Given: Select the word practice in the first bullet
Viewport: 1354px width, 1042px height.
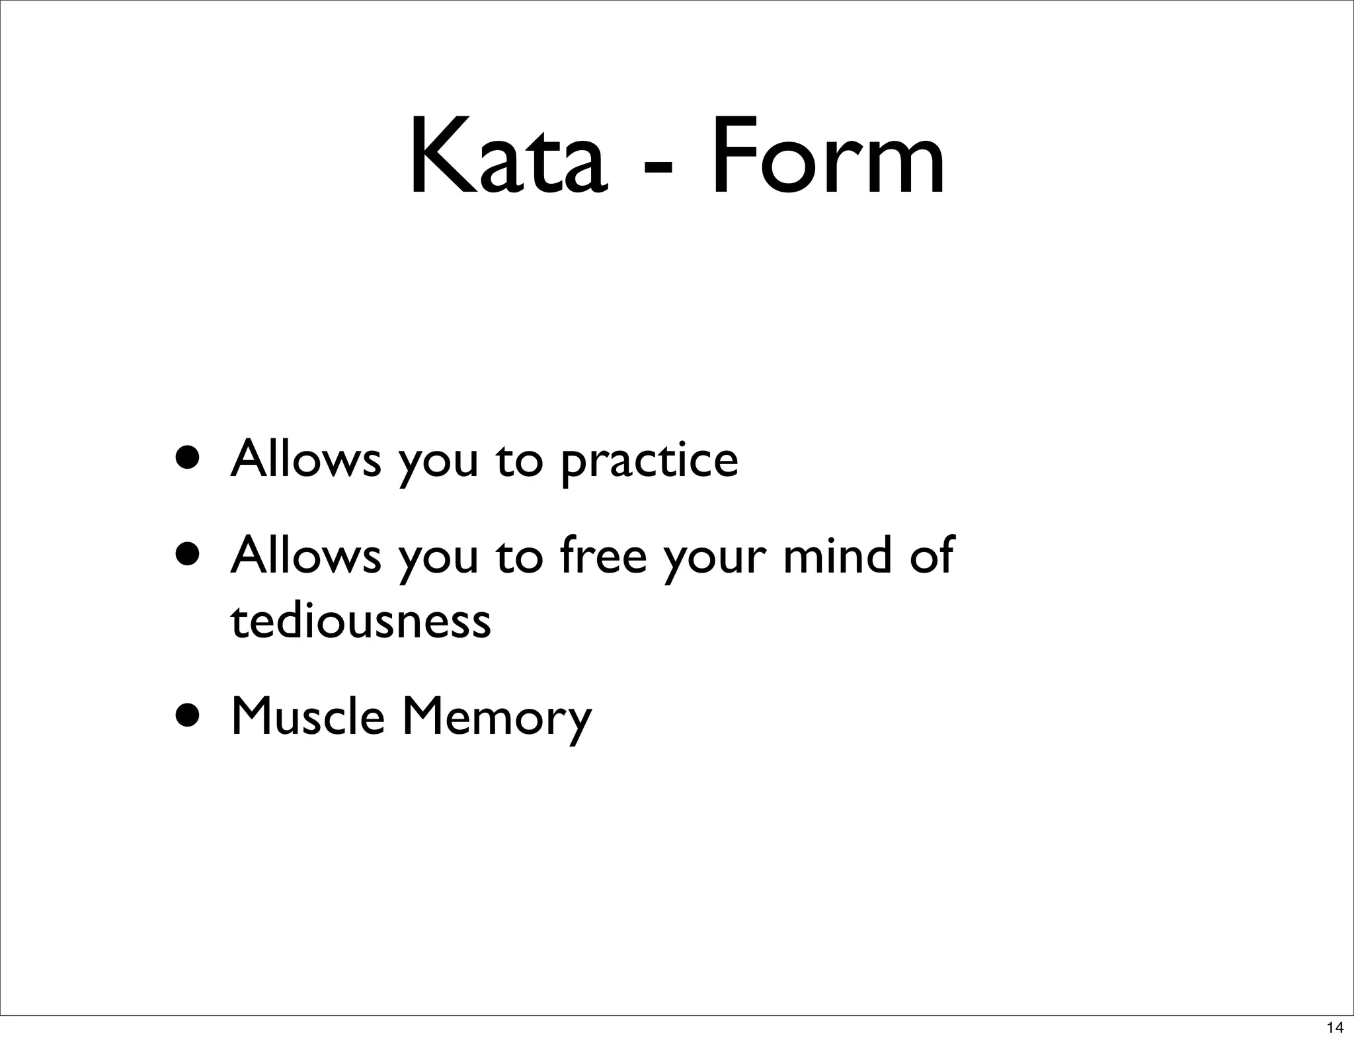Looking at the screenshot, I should [649, 461].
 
